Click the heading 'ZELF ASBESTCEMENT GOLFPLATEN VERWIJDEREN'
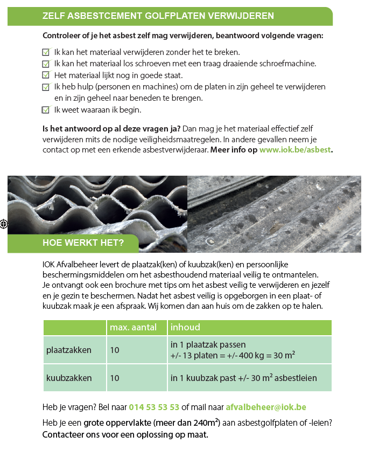pos(158,16)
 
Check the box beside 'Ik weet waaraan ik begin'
pos(46,110)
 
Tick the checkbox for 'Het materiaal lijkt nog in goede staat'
pos(46,75)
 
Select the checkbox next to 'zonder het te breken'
pos(46,52)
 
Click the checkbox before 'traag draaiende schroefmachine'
pos(46,64)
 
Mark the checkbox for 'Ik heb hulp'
pos(46,87)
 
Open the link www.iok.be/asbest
pos(296,150)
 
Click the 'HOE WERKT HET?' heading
pos(83,243)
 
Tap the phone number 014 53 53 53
pos(154,407)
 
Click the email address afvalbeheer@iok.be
pos(266,407)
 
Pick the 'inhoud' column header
pos(185,327)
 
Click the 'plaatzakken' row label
pos(69,350)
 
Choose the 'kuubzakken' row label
pos(69,378)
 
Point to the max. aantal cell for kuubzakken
pos(115,378)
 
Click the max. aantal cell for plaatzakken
pos(115,350)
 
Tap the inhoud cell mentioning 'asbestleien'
pos(244,378)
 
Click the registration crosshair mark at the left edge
pos(4,223)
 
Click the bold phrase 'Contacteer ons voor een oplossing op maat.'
pos(125,434)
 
